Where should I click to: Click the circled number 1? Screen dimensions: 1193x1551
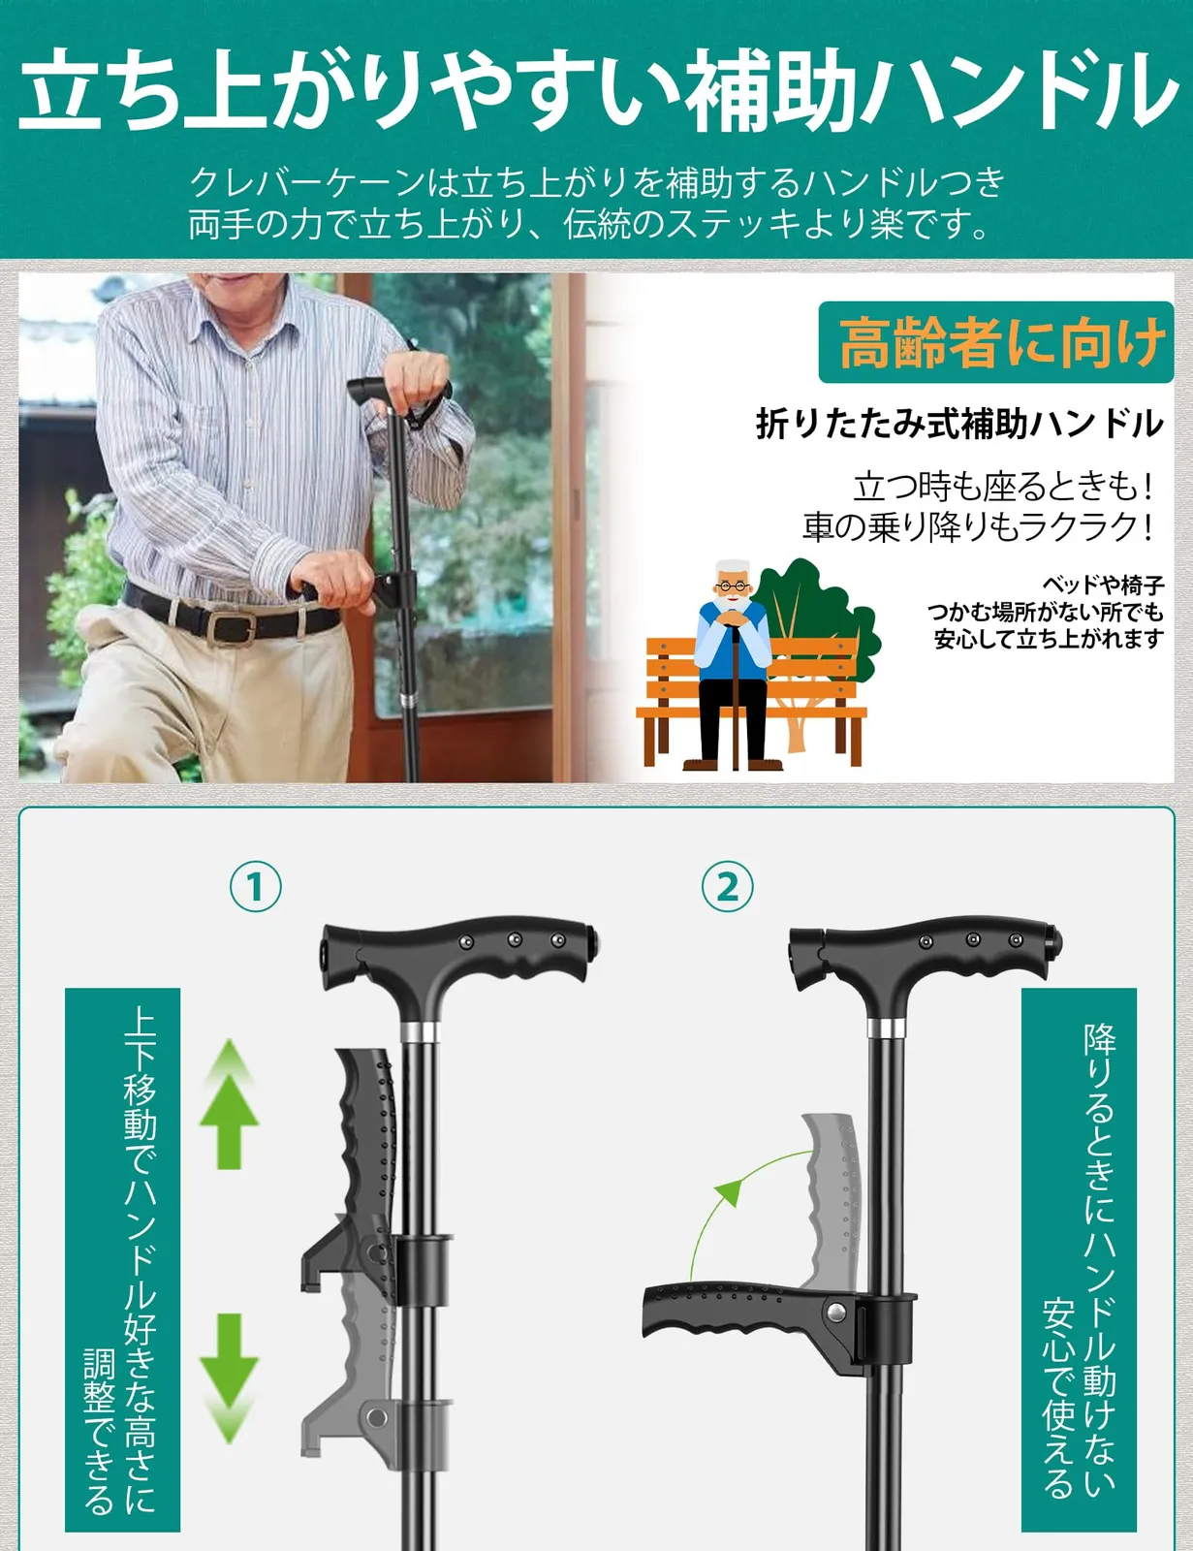[x=256, y=886]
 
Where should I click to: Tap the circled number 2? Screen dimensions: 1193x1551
[x=727, y=886]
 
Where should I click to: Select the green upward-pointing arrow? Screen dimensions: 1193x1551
[x=229, y=1103]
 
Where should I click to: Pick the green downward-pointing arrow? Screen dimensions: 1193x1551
[x=229, y=1378]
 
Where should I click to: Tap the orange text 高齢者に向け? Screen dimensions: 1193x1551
[x=1002, y=342]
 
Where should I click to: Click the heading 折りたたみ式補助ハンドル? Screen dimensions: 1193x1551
[x=959, y=424]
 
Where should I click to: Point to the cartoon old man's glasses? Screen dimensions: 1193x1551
[x=734, y=588]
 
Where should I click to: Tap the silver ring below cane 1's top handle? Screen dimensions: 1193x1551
[x=420, y=1032]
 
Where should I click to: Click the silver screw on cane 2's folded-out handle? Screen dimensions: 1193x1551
[x=835, y=1311]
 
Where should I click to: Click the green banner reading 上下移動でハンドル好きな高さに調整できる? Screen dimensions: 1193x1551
[x=122, y=1260]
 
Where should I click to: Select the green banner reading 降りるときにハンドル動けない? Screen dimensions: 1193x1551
[x=1079, y=1260]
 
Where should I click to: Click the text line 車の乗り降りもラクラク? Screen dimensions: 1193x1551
[x=978, y=526]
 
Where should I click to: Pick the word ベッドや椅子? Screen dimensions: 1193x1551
[x=1103, y=586]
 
